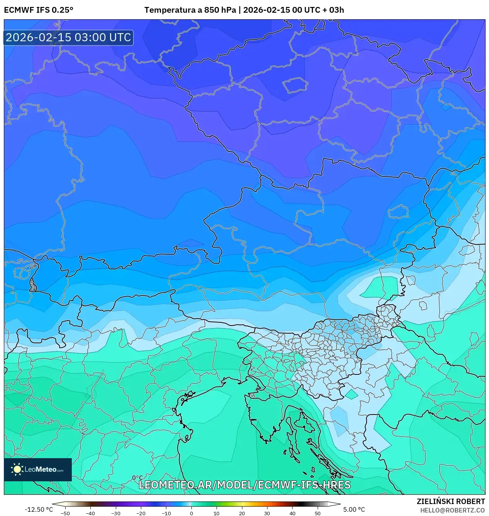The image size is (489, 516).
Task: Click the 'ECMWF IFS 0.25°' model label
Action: (x=39, y=10)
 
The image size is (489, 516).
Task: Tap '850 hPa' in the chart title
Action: (x=220, y=10)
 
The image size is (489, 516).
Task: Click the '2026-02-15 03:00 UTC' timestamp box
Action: (x=68, y=37)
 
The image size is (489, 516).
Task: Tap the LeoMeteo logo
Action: (x=38, y=469)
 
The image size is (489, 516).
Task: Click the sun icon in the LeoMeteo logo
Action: (x=17, y=469)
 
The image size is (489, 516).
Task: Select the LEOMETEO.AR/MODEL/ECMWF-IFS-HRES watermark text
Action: (x=244, y=485)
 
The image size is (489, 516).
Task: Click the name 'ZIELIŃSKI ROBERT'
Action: (x=451, y=501)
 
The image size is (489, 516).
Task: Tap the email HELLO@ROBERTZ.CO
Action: (x=452, y=510)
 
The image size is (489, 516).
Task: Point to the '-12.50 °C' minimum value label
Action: (x=39, y=509)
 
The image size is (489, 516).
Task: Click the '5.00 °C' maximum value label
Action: (x=354, y=509)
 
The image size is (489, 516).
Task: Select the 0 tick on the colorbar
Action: (x=191, y=513)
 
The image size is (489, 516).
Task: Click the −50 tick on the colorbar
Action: (x=65, y=513)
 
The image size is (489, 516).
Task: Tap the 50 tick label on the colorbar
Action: (x=317, y=513)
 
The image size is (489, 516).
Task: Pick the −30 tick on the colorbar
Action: (x=116, y=513)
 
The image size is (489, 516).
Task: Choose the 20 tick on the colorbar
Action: (x=242, y=513)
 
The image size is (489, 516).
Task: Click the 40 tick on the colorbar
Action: (x=292, y=513)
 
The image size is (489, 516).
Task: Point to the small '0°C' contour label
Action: (x=137, y=478)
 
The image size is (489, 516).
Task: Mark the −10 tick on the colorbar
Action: (x=166, y=513)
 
